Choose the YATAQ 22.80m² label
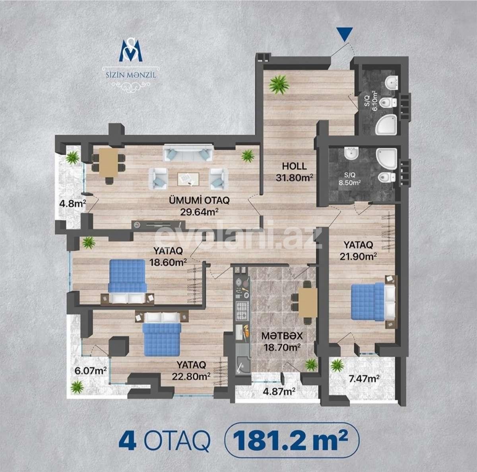coord(192,370)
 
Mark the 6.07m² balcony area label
coord(90,371)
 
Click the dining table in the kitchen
coord(308,303)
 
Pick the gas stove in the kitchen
coord(242,311)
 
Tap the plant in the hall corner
coord(275,84)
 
